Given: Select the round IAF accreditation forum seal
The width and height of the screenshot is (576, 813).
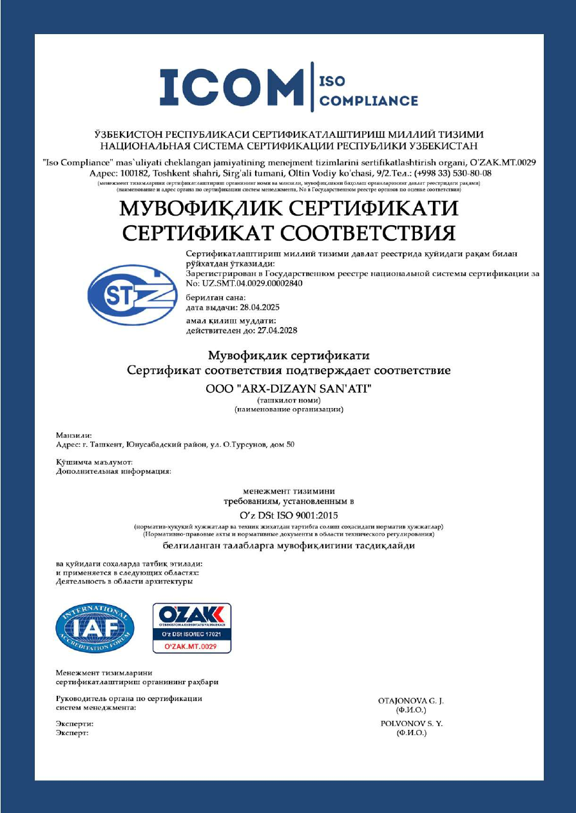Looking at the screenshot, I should (x=95, y=628).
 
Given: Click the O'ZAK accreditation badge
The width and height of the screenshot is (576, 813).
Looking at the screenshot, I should (x=191, y=628).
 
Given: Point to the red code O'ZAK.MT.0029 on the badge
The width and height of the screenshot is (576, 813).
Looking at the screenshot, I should (x=191, y=646).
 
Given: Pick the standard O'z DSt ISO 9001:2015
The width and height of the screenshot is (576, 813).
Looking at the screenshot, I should (x=288, y=515).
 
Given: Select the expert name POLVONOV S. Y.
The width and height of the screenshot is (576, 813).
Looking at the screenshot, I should (x=412, y=724).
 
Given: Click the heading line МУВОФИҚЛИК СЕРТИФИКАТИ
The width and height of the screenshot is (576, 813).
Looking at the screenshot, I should (x=288, y=209).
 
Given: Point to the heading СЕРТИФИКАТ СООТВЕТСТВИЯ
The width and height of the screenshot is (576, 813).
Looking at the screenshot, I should (x=288, y=232).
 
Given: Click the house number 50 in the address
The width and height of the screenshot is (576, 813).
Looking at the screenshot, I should (x=291, y=445).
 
